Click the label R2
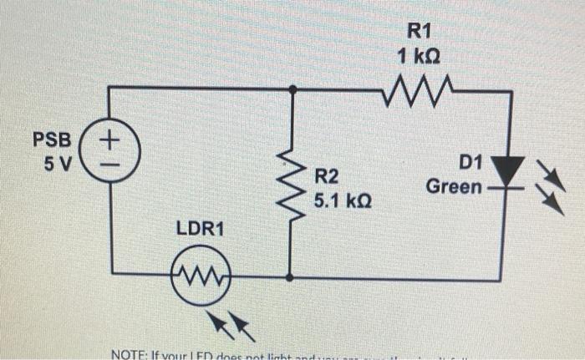pyautogui.click(x=328, y=176)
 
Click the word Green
pyautogui.click(x=454, y=185)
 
